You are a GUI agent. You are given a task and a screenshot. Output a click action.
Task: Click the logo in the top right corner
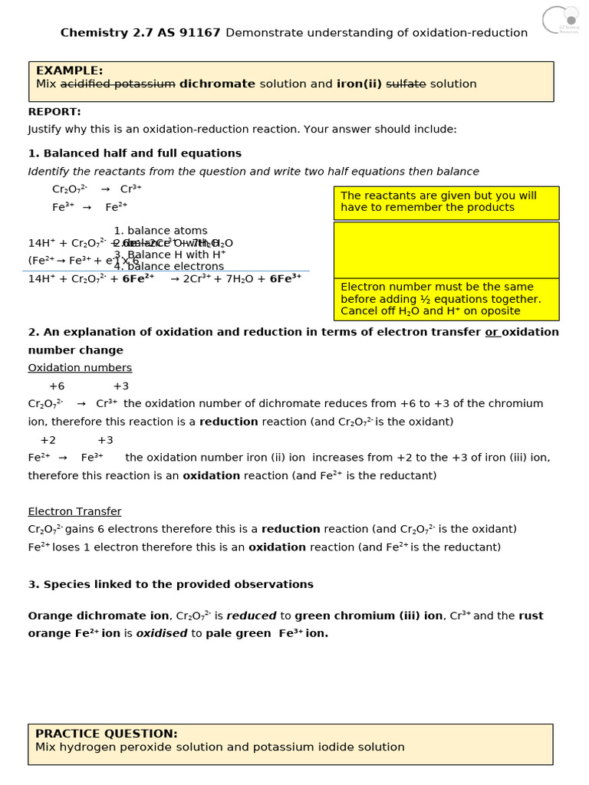pyautogui.click(x=561, y=20)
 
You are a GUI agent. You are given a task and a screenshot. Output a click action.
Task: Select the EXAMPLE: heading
pyautogui.click(x=69, y=71)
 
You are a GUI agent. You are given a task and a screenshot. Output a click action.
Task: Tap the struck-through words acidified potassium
pyautogui.click(x=118, y=84)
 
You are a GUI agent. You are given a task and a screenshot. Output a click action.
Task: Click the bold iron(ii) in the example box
pyautogui.click(x=359, y=84)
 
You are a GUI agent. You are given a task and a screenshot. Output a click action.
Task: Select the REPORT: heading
pyautogui.click(x=54, y=112)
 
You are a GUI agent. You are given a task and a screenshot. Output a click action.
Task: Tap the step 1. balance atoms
pyautogui.click(x=160, y=231)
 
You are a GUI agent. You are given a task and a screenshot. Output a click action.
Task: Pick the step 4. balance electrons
pyautogui.click(x=169, y=267)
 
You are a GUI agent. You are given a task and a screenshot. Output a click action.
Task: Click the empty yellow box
pyautogui.click(x=446, y=250)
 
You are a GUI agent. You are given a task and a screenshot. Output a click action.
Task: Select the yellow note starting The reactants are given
pyautogui.click(x=446, y=202)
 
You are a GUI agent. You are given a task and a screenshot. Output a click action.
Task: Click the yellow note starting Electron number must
pyautogui.click(x=446, y=299)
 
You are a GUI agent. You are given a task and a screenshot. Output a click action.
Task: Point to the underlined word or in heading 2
pyautogui.click(x=492, y=332)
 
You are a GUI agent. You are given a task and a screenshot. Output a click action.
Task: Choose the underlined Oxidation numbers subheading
pyautogui.click(x=80, y=368)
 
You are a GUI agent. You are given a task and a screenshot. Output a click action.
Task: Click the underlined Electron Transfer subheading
pyautogui.click(x=74, y=511)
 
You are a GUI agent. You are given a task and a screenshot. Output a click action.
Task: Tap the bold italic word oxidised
pyautogui.click(x=162, y=634)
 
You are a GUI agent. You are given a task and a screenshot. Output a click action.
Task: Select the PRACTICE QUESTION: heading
pyautogui.click(x=106, y=734)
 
